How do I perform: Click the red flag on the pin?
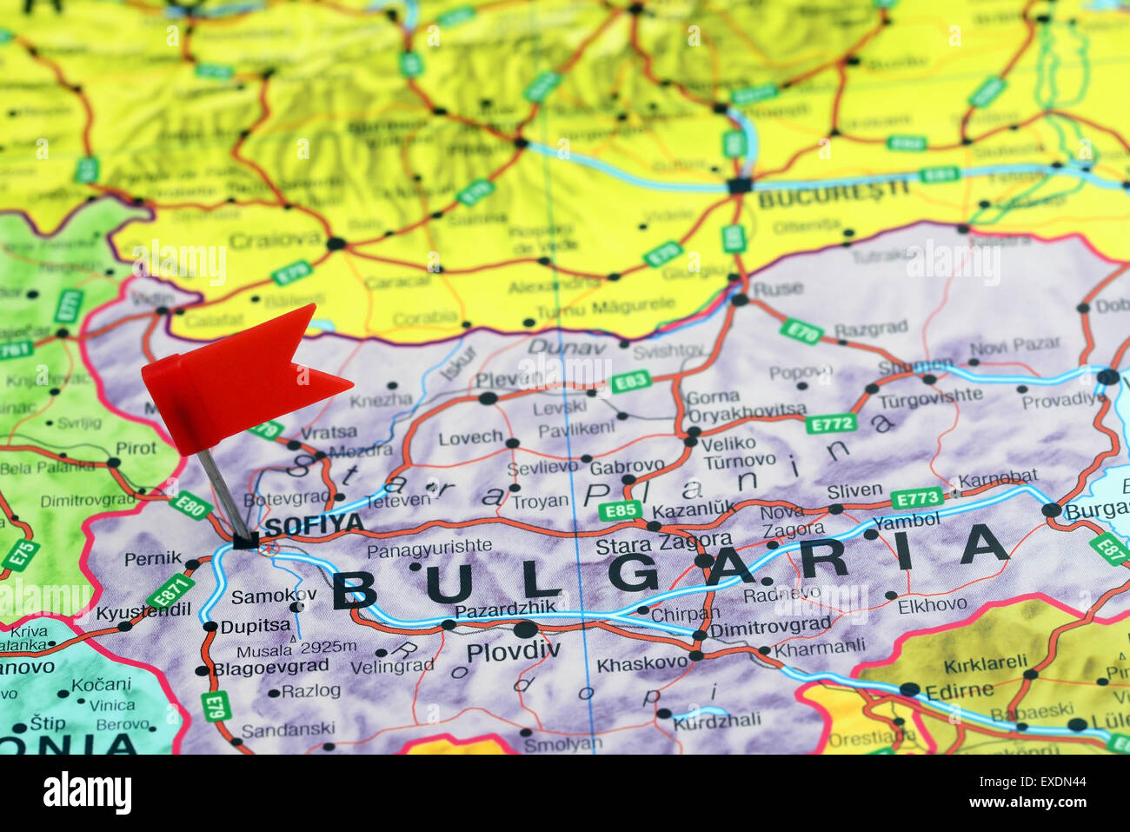coord(235,379)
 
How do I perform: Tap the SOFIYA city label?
coord(314,524)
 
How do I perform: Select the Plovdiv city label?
coord(513,650)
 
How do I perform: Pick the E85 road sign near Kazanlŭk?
coord(619,510)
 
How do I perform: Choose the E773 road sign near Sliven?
coord(916,498)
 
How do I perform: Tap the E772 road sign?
coord(829,423)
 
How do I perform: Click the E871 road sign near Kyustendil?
coord(170,590)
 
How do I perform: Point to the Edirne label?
coord(960,690)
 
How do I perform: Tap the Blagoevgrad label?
coord(271,667)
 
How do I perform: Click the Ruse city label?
coord(778,289)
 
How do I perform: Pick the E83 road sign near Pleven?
coord(630,382)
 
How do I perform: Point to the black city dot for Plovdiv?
coord(526,629)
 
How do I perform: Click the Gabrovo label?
coord(627,466)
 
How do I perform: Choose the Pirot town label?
coord(136,448)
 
